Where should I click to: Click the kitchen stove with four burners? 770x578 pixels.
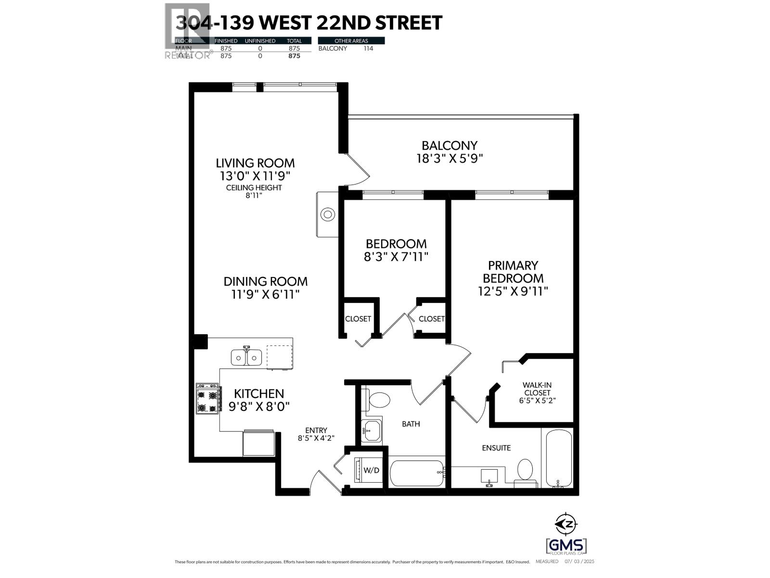[208, 398]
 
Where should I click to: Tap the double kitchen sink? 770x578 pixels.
[246, 357]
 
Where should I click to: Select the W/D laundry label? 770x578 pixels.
[371, 470]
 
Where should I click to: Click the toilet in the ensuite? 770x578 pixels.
[525, 470]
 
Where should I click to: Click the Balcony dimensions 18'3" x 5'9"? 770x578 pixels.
[449, 158]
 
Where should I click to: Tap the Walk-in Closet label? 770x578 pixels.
[537, 389]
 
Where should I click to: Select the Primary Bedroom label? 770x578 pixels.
[513, 272]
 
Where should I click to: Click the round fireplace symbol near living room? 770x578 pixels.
[328, 214]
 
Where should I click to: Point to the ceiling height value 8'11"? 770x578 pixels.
[254, 196]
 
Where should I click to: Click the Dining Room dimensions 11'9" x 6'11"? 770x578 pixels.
[265, 294]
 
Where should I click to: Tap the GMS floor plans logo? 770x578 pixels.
[566, 546]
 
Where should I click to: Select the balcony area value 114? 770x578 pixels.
[368, 48]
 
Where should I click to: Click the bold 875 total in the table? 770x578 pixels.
[294, 56]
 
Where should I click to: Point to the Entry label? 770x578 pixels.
[316, 430]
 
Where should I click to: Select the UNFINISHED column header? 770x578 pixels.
[260, 41]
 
